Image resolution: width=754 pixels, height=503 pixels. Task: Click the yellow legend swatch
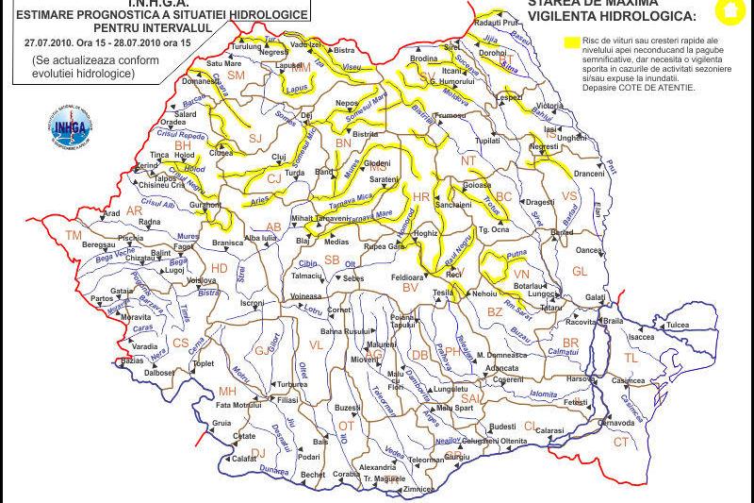coord(571,42)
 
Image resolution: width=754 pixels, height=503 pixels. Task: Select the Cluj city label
coord(278,158)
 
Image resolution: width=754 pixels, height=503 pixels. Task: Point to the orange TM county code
coord(74,234)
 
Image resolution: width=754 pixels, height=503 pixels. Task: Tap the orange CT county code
coord(621,442)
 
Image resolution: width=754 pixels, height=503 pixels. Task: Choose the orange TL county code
coord(631,359)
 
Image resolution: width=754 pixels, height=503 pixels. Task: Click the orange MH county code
coord(226,391)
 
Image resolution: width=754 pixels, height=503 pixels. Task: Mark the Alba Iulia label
coord(260,239)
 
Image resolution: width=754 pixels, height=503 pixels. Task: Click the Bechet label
coord(313,475)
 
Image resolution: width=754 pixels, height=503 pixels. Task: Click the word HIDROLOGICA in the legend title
coord(650,16)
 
